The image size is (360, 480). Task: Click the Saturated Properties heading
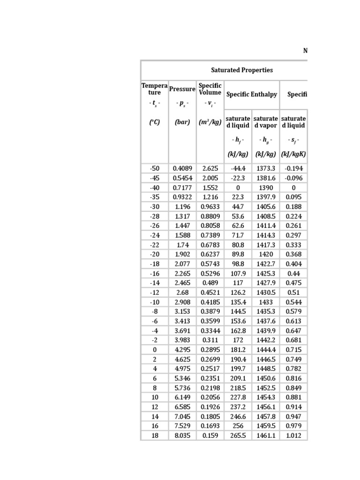(x=241, y=70)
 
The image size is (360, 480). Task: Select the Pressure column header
(x=182, y=89)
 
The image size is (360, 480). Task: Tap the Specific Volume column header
(x=210, y=89)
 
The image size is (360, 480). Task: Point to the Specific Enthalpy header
(x=252, y=94)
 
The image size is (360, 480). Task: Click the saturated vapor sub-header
(x=266, y=122)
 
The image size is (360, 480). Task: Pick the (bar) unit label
(x=182, y=122)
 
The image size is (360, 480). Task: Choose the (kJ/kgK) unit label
(x=294, y=155)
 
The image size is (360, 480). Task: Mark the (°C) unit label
(x=155, y=122)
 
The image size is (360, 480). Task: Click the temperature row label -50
(x=155, y=168)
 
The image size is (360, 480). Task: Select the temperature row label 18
(x=155, y=435)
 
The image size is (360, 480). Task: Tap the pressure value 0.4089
(x=182, y=168)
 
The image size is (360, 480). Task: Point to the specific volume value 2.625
(x=210, y=168)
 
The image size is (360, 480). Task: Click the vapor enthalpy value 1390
(x=266, y=187)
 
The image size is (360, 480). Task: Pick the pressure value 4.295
(x=182, y=350)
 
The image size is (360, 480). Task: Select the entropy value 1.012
(x=294, y=435)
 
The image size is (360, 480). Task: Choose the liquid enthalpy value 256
(x=238, y=426)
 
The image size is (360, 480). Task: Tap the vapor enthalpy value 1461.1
(x=266, y=435)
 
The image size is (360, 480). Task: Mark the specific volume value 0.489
(x=210, y=283)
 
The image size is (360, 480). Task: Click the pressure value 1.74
(x=182, y=245)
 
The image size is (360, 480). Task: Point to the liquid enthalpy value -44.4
(x=238, y=168)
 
